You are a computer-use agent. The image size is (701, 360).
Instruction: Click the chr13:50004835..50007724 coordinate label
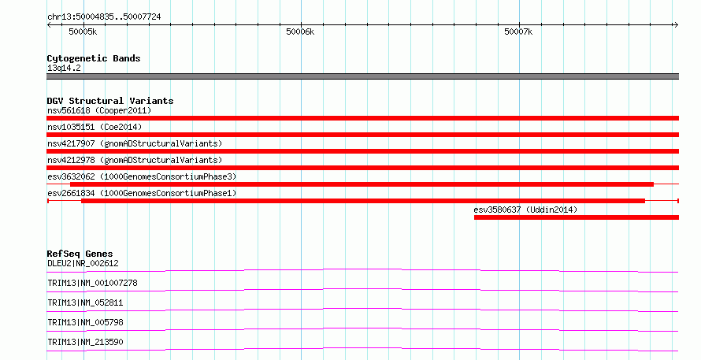(104, 17)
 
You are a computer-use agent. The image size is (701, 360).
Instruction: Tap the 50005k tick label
(83, 32)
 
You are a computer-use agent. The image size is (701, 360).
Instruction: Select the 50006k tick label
(300, 32)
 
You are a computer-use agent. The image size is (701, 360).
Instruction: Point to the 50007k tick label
(518, 32)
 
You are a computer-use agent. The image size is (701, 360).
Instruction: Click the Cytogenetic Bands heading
(94, 58)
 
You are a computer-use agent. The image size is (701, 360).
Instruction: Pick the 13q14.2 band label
(64, 68)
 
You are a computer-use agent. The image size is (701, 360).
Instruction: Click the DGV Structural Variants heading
(110, 101)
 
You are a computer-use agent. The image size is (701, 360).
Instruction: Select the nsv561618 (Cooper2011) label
(99, 110)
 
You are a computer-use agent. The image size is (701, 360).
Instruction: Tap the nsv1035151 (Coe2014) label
(95, 127)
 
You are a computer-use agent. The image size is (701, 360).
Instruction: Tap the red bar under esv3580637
(577, 217)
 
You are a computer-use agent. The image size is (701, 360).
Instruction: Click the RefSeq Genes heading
(80, 254)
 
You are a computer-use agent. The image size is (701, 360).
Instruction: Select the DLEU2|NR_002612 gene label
(83, 263)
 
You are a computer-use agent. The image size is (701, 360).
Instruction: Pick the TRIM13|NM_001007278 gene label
(92, 283)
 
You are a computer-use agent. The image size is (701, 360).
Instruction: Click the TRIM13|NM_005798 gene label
(85, 322)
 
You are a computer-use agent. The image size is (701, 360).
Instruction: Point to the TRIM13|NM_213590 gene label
(85, 342)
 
